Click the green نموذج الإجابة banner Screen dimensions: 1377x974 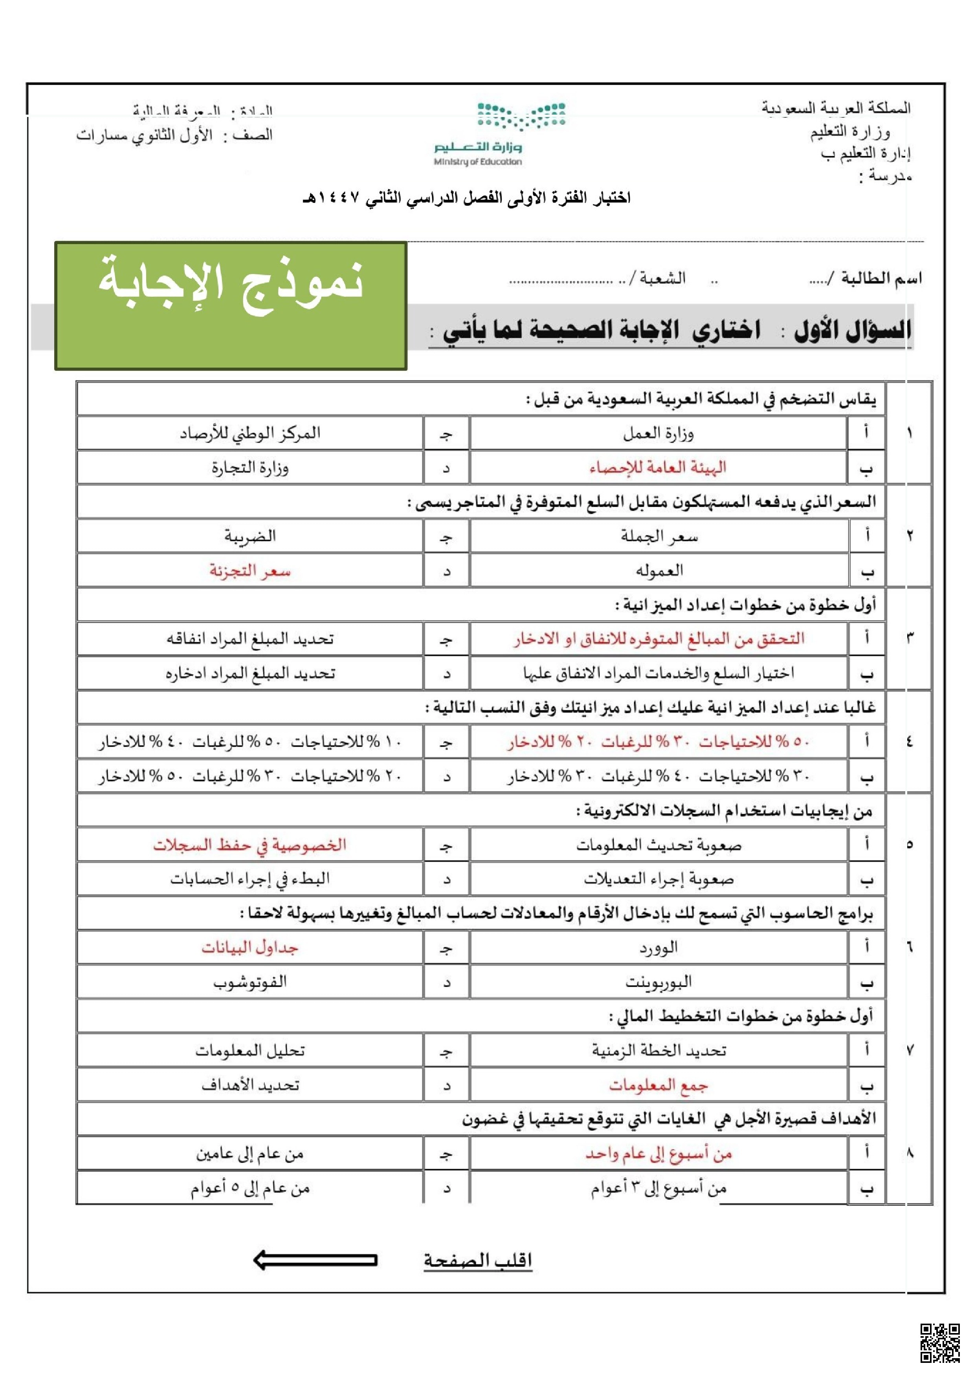pyautogui.click(x=231, y=305)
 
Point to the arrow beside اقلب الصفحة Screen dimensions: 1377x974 pyautogui.click(x=315, y=1260)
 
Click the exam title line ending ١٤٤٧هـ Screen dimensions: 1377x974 pyautogui.click(x=467, y=198)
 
